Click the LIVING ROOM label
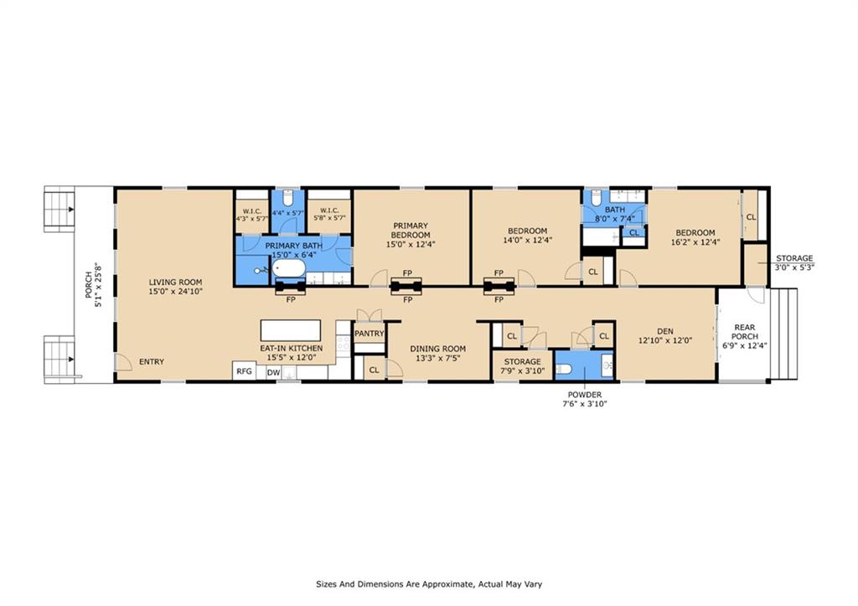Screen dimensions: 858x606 point(176,282)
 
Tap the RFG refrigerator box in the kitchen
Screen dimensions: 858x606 point(244,370)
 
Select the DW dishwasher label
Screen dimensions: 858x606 point(273,373)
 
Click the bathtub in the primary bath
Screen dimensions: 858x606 point(289,268)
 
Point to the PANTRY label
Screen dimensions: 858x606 point(370,334)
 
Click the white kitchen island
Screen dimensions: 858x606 point(291,330)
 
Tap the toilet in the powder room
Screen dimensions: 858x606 point(564,370)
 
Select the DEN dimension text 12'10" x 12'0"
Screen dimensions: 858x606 point(665,340)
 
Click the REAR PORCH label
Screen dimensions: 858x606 point(745,332)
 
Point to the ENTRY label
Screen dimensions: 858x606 point(152,361)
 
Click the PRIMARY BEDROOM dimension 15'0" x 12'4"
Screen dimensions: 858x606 point(411,244)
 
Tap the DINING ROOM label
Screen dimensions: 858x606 point(437,349)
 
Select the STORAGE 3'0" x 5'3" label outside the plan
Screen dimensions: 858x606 point(794,262)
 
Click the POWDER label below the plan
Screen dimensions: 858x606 point(584,395)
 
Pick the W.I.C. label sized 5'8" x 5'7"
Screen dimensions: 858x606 point(329,214)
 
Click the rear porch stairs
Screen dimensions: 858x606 point(784,334)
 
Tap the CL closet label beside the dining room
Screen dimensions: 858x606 point(374,370)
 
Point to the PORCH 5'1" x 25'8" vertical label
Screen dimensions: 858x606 point(93,285)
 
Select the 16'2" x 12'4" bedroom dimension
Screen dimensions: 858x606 point(695,241)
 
